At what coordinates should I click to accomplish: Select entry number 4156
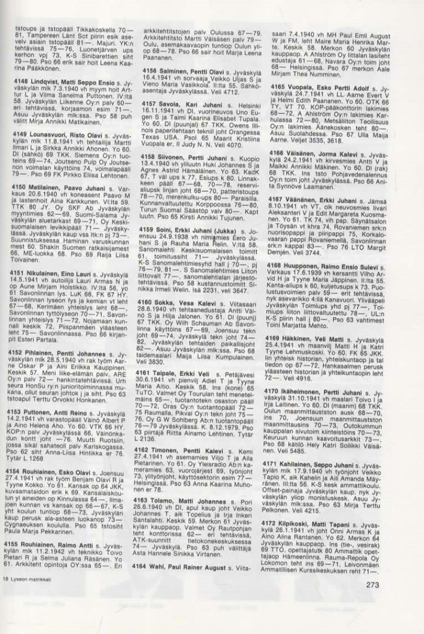tap(154, 69)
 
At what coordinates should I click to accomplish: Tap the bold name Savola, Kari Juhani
tap(187, 103)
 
